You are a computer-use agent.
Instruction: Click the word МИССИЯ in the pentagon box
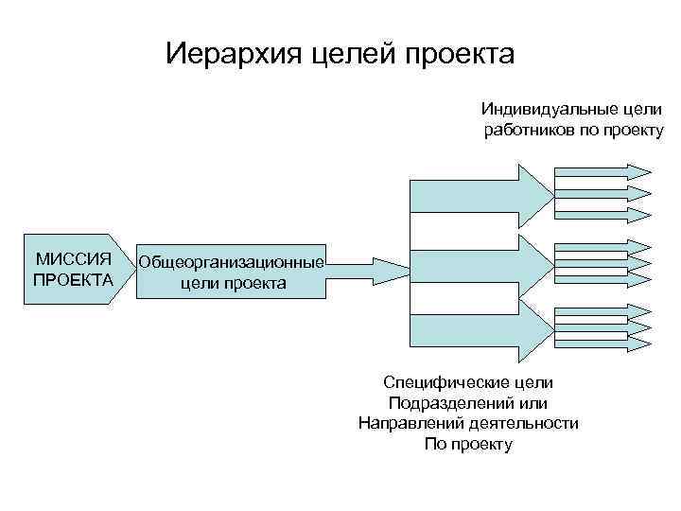(x=73, y=258)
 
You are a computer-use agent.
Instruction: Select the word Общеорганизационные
(x=232, y=262)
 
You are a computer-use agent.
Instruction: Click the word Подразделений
(x=450, y=403)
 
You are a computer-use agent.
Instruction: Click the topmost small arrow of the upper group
(x=602, y=171)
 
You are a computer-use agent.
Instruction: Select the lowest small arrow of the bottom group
(x=602, y=343)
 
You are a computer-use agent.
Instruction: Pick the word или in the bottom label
(x=533, y=403)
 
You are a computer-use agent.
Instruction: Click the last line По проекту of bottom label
(x=468, y=444)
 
